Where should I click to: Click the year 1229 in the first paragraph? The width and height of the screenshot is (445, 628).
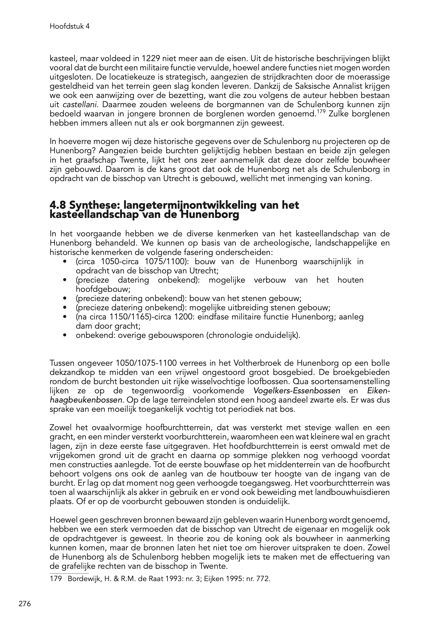point(152,59)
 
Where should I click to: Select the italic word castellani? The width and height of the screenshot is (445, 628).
point(79,105)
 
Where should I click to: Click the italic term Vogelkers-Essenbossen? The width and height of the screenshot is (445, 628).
point(297,391)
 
